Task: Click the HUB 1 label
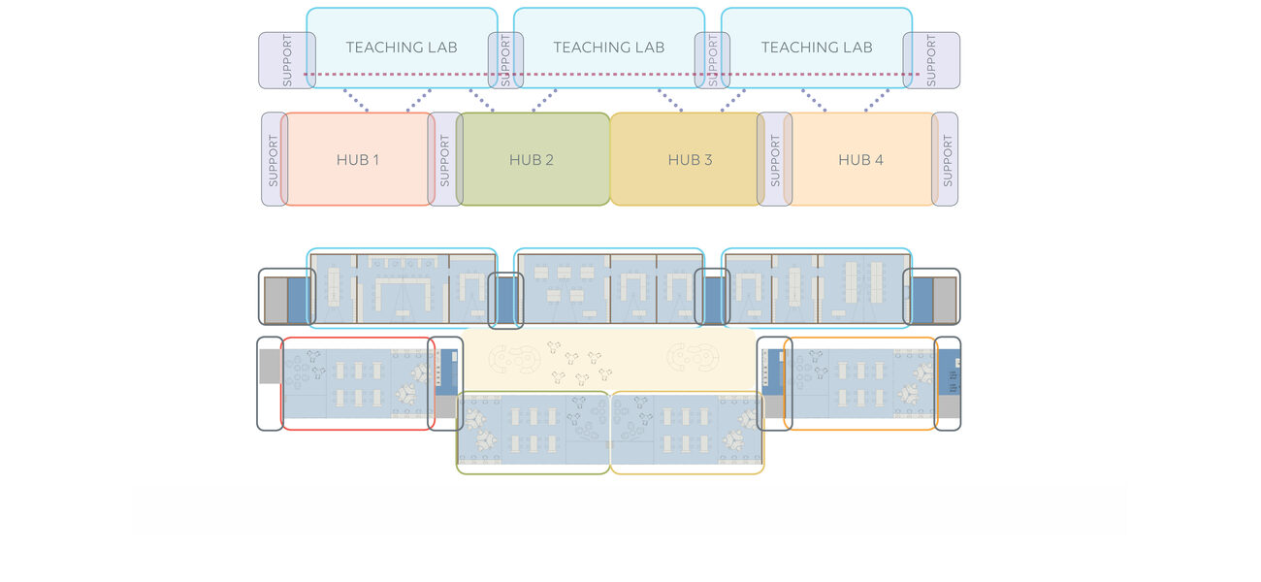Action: [x=358, y=160]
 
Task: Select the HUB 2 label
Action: [x=532, y=160]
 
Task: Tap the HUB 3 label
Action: [x=690, y=160]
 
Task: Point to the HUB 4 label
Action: [x=860, y=160]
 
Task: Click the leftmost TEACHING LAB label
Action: [x=402, y=48]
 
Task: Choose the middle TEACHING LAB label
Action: [x=609, y=48]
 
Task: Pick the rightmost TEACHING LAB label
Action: [x=817, y=48]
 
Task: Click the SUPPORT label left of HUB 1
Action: [x=273, y=160]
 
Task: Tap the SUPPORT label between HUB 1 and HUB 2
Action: [x=445, y=160]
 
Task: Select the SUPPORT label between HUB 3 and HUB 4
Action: [x=775, y=160]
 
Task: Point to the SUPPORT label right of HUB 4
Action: [x=947, y=160]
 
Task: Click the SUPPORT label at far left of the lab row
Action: [x=287, y=61]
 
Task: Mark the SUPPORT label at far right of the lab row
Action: [x=932, y=61]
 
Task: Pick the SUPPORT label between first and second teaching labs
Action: [x=505, y=61]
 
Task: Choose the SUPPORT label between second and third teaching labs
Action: [x=713, y=61]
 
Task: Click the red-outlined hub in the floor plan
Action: [x=357, y=383]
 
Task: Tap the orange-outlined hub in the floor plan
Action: [x=859, y=383]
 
